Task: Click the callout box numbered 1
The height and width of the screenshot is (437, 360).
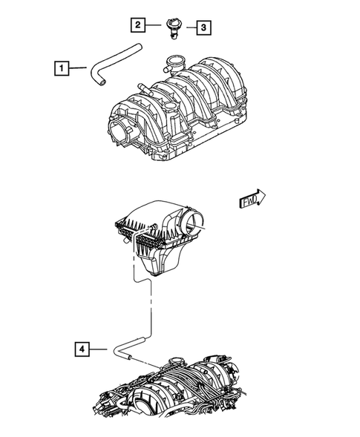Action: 62,69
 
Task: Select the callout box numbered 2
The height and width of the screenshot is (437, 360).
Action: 138,25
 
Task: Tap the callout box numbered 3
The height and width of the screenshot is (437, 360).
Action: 203,28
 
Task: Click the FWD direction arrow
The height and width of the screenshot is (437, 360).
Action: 252,200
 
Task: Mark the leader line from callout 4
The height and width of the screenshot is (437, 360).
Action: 101,347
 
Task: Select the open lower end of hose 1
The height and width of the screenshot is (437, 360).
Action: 96,84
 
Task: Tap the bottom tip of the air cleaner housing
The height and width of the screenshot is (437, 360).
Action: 157,272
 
